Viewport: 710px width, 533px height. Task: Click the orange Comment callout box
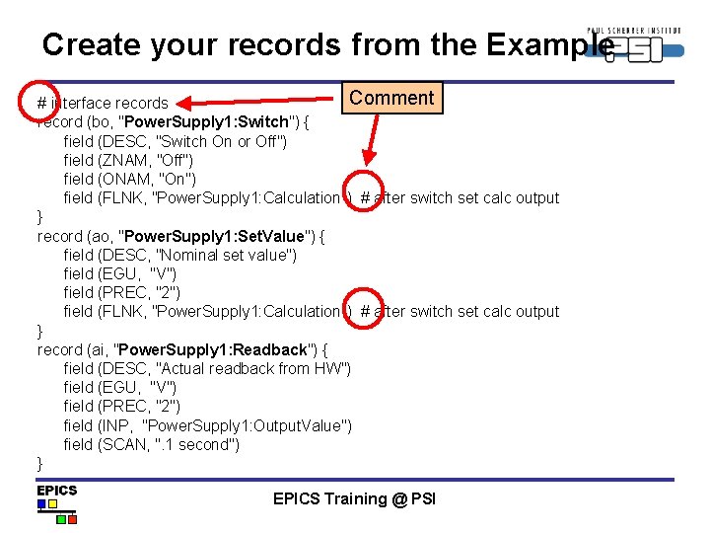391,98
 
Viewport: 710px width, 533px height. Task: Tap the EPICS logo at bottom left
57,502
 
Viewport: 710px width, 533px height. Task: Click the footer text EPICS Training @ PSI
354,498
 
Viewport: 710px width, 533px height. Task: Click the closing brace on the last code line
40,463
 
